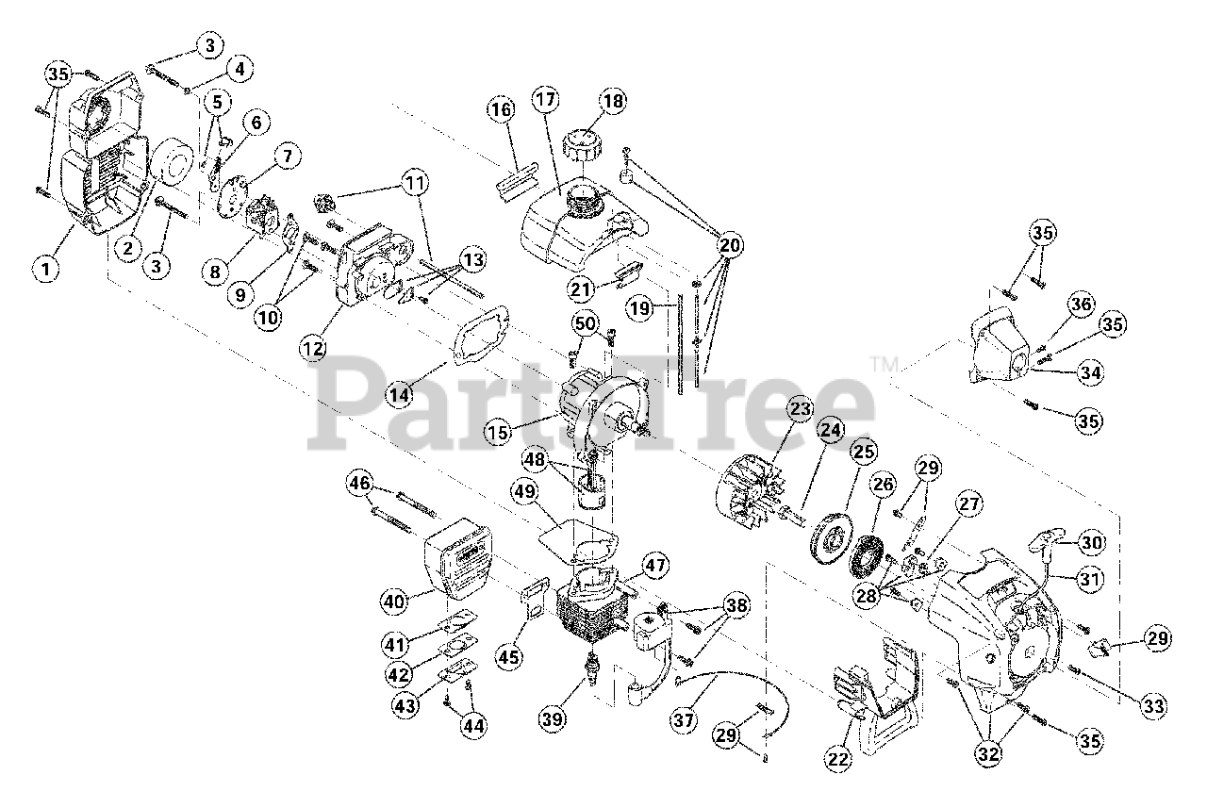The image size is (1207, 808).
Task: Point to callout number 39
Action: [x=554, y=718]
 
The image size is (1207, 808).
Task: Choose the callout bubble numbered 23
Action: [x=801, y=410]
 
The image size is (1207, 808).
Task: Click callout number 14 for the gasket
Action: [x=400, y=394]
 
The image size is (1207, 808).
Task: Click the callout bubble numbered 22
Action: [x=838, y=756]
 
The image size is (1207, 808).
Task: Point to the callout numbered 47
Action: [x=655, y=566]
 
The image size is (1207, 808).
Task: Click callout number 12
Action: [x=313, y=349]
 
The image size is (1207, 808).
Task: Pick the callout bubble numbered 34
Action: [x=1090, y=373]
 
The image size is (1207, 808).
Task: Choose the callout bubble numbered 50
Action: [x=586, y=324]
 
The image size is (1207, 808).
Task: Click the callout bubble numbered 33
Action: [x=1153, y=704]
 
